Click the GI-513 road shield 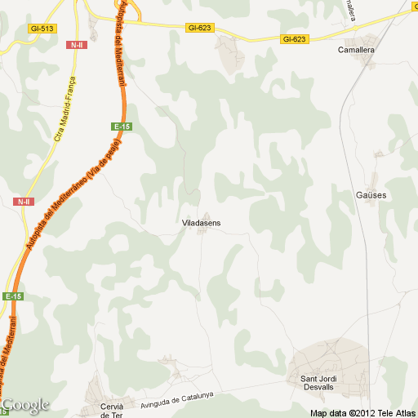coord(41,28)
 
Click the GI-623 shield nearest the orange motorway coord(199,28)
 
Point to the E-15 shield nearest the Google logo coord(13,296)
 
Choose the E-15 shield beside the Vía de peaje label coord(122,127)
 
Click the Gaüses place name coord(371,195)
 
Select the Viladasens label coord(201,222)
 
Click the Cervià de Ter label coord(111,411)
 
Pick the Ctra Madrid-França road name coord(64,109)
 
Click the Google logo coord(25,405)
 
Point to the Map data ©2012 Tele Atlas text coord(362,412)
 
